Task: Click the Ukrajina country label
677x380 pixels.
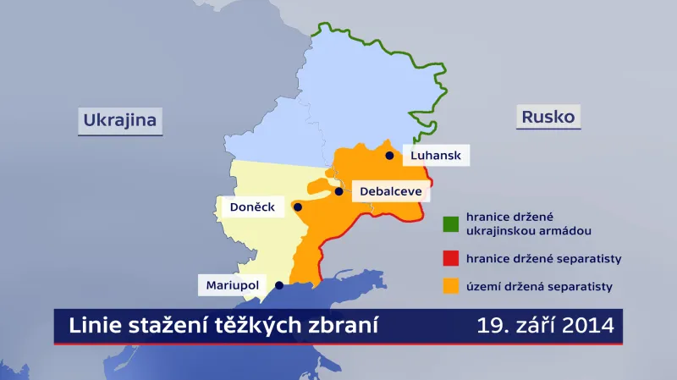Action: tap(120, 120)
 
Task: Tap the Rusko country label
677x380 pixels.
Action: tap(548, 116)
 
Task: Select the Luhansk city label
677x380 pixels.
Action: tap(436, 156)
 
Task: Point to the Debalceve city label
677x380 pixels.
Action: tap(390, 191)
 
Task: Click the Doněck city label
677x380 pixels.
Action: tap(252, 207)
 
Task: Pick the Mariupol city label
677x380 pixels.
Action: tap(232, 286)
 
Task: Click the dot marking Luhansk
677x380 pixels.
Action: tap(389, 156)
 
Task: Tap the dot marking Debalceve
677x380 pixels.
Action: tap(339, 191)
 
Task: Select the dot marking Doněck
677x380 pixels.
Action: tap(297, 207)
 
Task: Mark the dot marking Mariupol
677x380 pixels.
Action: tap(278, 286)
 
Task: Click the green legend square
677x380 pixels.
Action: tap(450, 223)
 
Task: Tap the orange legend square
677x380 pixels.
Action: tap(450, 287)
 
